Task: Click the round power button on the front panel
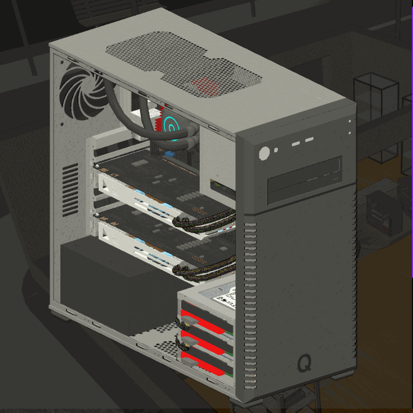pyautogui.click(x=264, y=153)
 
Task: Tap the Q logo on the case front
pyautogui.click(x=305, y=363)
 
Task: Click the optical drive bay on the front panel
pyautogui.click(x=305, y=179)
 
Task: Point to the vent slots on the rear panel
pyautogui.click(x=70, y=188)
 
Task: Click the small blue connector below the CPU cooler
pyautogui.click(x=168, y=154)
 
